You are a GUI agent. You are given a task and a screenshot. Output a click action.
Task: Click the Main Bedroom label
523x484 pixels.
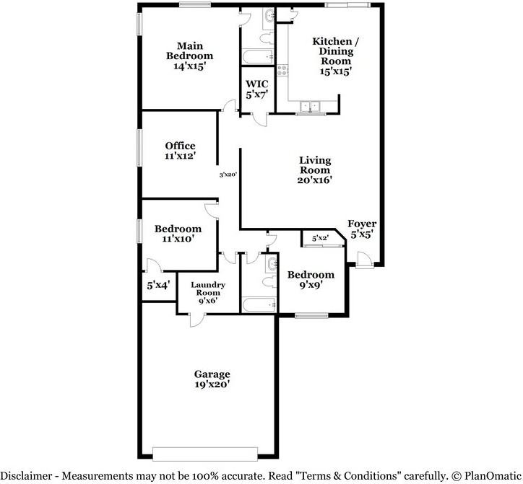coord(189,56)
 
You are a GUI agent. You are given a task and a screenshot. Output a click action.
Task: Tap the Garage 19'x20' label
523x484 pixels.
coord(212,379)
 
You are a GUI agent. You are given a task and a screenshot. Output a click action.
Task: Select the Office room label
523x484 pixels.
coord(180,151)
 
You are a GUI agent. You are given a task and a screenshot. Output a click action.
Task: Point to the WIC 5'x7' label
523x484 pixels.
coord(257,89)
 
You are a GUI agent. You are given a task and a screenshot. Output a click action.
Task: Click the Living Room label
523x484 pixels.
coord(315,170)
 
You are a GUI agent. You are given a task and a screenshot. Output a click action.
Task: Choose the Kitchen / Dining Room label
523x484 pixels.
coord(336,56)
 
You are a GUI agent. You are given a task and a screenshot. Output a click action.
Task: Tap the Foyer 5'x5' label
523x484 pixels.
coord(362,229)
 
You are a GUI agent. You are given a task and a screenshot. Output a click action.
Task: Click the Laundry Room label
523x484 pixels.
coord(208,293)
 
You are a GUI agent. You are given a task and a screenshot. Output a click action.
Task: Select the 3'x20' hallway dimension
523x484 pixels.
coord(228,175)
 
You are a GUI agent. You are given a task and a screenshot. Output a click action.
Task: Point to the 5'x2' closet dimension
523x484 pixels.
coord(320,239)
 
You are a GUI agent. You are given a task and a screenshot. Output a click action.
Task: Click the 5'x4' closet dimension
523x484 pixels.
coord(159,285)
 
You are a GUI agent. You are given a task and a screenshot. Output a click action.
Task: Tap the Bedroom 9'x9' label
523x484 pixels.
coord(311,279)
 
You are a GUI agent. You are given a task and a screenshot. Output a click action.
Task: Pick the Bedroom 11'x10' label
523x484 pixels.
coord(178,234)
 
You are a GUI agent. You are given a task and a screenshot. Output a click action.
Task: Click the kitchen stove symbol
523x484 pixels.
coord(282,71)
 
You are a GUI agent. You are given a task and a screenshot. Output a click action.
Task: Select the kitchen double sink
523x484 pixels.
coord(310,106)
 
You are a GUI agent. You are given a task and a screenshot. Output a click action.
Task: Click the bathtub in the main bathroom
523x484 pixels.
coord(258,56)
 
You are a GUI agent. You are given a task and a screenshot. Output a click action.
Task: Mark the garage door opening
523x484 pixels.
coord(205,454)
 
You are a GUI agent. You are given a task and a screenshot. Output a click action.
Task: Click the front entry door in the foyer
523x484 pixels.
coord(365,260)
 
